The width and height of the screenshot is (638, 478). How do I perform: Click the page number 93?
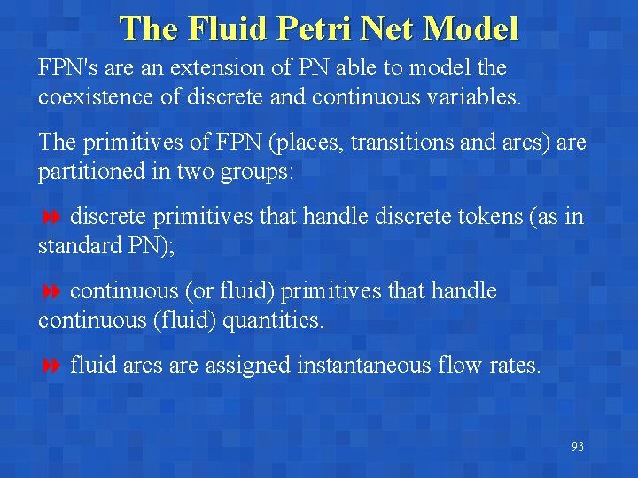577,447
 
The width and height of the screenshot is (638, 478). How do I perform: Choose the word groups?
261,171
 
